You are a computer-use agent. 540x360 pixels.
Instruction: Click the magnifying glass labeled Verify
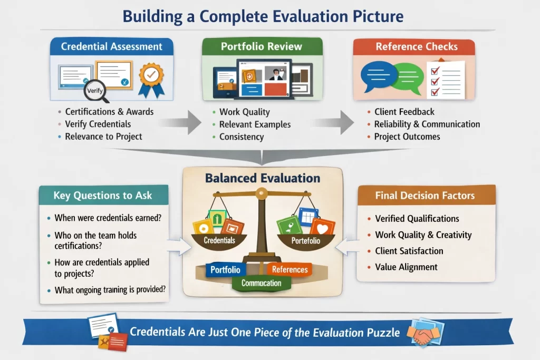pos(94,91)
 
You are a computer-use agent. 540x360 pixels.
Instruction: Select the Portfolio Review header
pos(262,46)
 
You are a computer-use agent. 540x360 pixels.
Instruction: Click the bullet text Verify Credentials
pos(98,124)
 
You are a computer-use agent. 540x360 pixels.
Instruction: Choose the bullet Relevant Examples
pos(255,124)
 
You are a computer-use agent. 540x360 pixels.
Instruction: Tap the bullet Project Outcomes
pos(407,137)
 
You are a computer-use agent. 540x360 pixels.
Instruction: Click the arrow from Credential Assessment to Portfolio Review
pos(181,122)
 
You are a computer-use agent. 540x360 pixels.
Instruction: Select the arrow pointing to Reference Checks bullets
pos(333,122)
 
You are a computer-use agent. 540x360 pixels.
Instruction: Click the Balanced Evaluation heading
pos(263,178)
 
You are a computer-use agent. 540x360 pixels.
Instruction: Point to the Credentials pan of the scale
pos(219,240)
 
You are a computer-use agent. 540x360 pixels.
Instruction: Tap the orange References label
pos(290,269)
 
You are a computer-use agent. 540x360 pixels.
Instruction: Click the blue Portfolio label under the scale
pos(225,269)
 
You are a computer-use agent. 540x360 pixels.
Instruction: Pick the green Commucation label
pos(262,283)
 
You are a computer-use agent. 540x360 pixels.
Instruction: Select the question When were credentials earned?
pos(108,218)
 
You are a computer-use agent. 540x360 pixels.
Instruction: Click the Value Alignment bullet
pos(406,267)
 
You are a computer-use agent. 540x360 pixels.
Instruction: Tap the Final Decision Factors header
pos(425,196)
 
